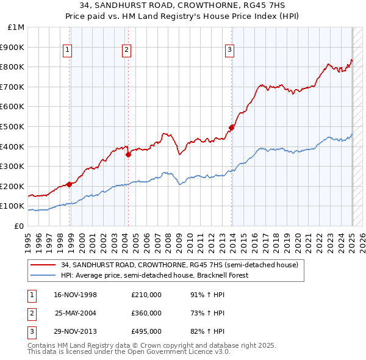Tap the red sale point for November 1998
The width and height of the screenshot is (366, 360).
(70, 184)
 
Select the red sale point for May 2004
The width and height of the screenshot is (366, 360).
(129, 154)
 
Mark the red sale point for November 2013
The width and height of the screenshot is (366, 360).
(232, 128)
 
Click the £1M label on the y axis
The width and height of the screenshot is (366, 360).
(16, 27)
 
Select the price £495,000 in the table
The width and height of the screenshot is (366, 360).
(146, 331)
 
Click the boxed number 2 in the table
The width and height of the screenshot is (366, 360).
(30, 313)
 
